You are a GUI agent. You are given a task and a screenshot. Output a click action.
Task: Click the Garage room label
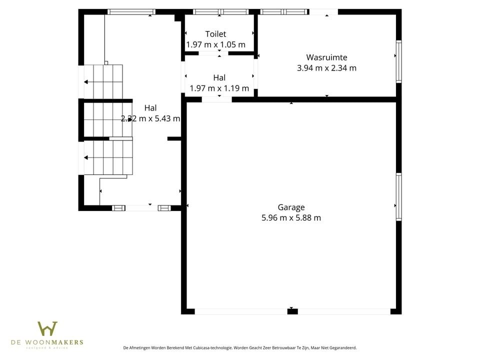(x=291, y=207)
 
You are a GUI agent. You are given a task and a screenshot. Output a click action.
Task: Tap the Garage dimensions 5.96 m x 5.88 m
(x=291, y=218)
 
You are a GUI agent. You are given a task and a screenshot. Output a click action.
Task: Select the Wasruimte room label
(x=326, y=57)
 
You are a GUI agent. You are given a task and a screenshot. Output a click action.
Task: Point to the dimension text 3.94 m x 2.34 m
(x=326, y=68)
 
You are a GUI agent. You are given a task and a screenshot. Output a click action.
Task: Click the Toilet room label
(x=215, y=34)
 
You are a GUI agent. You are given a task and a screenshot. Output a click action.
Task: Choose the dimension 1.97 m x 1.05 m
(x=215, y=44)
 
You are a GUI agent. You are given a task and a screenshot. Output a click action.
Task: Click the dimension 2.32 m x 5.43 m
(x=150, y=119)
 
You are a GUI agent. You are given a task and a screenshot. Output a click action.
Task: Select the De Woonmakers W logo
(x=47, y=329)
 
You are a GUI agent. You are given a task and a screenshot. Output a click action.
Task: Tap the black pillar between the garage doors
(x=292, y=311)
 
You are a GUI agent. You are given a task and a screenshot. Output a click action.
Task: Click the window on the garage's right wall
(x=398, y=196)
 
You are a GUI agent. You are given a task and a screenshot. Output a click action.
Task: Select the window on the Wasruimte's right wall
(x=398, y=61)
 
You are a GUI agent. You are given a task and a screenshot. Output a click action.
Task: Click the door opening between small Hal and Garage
(x=216, y=99)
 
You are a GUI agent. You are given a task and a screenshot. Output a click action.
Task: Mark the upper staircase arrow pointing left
(x=86, y=82)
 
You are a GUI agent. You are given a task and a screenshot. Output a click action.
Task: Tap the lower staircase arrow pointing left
(x=86, y=157)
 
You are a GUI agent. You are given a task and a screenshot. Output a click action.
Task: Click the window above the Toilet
(x=220, y=11)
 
